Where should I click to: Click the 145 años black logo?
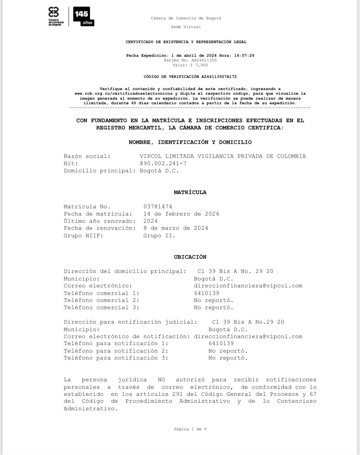point(83,16)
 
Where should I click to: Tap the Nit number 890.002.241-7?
point(163,163)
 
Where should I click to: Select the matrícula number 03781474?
point(158,207)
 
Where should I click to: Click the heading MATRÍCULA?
point(190,192)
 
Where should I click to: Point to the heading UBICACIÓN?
point(190,257)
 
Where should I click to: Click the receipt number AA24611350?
point(204,60)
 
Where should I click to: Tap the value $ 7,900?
point(199,65)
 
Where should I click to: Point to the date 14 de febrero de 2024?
point(181,214)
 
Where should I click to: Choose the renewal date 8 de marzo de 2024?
point(176,228)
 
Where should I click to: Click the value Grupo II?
point(159,236)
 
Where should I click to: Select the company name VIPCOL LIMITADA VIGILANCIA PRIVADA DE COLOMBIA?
point(223,156)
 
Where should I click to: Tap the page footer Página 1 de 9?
point(190,429)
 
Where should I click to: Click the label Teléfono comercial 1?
point(101,293)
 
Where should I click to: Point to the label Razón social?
point(87,156)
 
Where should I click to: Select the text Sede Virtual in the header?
point(186,27)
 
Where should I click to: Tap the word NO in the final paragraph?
point(161,380)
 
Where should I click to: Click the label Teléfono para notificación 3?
point(116,358)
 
